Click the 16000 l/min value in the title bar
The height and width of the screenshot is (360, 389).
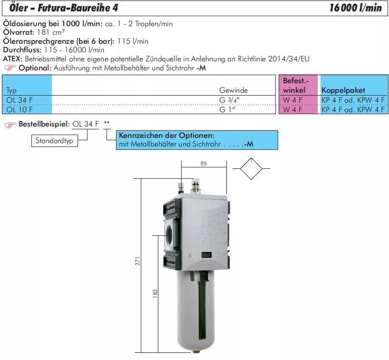355,8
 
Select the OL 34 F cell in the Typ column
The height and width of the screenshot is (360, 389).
19,100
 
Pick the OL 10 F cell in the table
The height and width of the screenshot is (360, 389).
19,109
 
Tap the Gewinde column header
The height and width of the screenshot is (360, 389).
233,90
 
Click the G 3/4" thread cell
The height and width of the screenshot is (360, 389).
229,100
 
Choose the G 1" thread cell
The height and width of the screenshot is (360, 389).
227,109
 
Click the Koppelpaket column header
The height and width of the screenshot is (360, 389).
343,90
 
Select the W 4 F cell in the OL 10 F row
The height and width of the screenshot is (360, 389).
292,109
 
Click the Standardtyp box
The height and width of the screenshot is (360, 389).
55,141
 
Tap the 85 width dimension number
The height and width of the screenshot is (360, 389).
204,164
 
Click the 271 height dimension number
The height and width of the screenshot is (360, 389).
137,261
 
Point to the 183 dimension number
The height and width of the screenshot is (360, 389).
155,293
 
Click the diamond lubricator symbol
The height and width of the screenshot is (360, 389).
251,169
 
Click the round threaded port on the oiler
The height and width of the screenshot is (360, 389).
169,234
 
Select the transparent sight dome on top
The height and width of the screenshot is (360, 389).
195,185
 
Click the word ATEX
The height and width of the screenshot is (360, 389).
12,59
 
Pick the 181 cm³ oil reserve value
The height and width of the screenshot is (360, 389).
51,32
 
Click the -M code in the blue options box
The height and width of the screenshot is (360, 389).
249,144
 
